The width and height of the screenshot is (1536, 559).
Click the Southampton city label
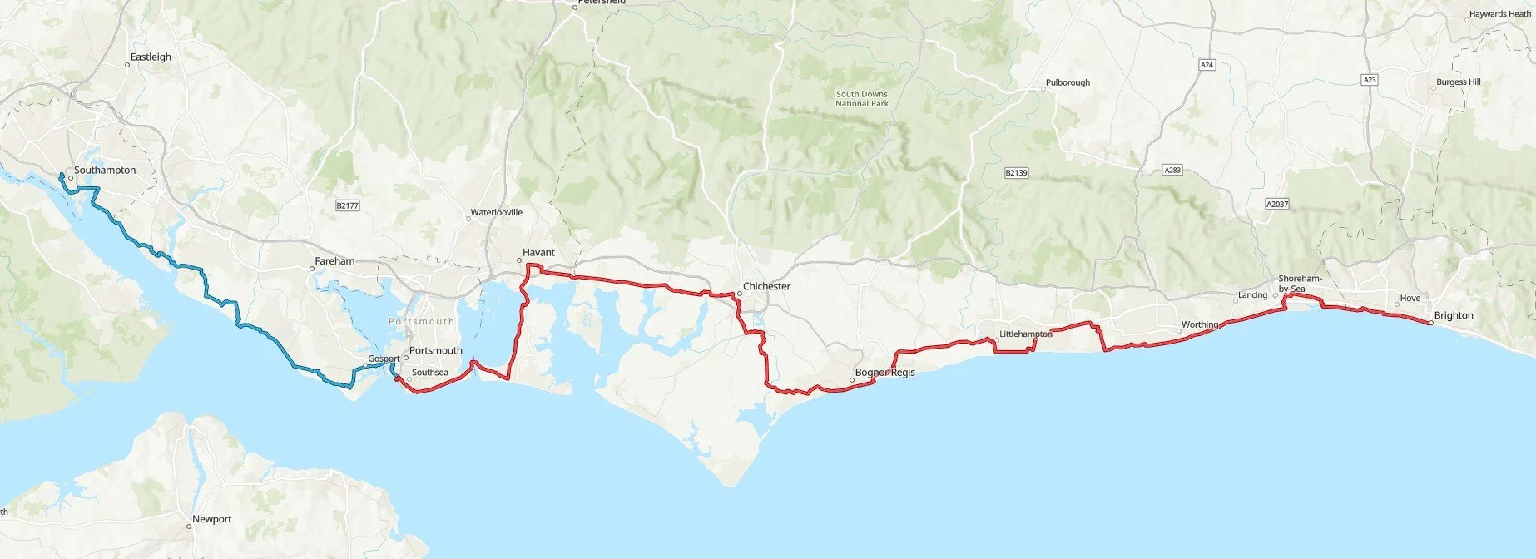click(x=105, y=171)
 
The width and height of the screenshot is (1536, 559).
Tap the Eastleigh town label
click(x=151, y=57)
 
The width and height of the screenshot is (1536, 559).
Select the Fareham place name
click(x=334, y=261)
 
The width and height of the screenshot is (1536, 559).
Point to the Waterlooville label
click(x=497, y=213)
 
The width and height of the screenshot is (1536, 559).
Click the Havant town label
click(x=538, y=253)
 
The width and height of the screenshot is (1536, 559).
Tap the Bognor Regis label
click(x=885, y=373)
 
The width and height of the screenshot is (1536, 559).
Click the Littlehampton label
click(x=1026, y=334)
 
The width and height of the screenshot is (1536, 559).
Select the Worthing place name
click(x=1200, y=325)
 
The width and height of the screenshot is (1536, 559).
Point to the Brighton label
click(x=1454, y=316)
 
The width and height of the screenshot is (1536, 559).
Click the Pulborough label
click(x=1068, y=83)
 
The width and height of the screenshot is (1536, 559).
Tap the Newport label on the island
click(x=212, y=519)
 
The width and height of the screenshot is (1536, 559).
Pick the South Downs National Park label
click(x=862, y=99)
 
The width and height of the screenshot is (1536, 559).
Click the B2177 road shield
click(x=347, y=205)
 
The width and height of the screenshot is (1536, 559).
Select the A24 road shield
click(x=1207, y=65)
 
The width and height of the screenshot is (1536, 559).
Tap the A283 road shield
click(x=1172, y=171)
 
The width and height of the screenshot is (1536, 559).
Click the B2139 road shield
click(x=1016, y=173)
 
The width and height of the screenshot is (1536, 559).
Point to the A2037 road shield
click(x=1276, y=205)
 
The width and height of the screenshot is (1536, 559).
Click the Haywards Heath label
click(x=1499, y=14)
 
